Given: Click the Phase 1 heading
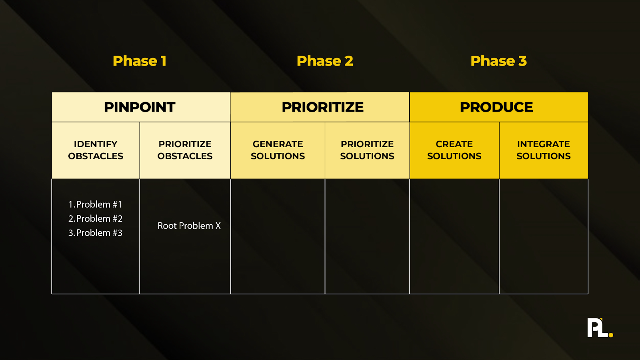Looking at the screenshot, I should click(x=139, y=61).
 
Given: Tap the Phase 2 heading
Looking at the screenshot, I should click(x=325, y=61).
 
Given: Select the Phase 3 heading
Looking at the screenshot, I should click(x=498, y=61).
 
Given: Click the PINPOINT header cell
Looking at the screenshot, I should click(x=140, y=107).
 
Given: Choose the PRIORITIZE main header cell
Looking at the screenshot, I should click(x=322, y=107).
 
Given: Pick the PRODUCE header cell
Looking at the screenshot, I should click(x=496, y=107).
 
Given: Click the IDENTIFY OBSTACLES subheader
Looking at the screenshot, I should click(x=96, y=150).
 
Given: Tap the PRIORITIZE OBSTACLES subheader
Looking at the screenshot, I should click(x=185, y=150).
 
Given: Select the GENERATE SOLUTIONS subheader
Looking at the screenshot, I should click(x=278, y=150).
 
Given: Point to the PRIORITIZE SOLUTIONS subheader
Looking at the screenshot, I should click(x=367, y=150).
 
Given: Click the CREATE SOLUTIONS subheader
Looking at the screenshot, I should click(x=454, y=150).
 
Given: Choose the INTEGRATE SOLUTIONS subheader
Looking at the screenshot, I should click(x=543, y=150).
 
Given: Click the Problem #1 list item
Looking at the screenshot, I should click(x=95, y=204).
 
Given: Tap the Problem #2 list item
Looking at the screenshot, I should click(x=95, y=219).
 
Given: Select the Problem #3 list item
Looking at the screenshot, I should click(x=95, y=233).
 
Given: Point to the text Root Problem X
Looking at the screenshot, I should click(x=189, y=226).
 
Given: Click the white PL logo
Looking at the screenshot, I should click(x=597, y=328).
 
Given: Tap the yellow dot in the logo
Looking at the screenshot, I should click(x=611, y=335).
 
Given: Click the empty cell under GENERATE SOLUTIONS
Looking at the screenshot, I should click(x=278, y=236).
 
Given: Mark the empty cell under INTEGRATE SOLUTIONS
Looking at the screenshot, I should click(x=543, y=236).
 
